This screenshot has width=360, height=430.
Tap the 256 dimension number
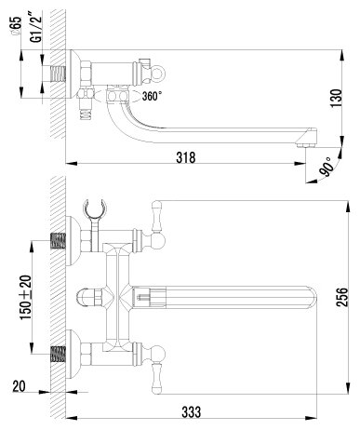coord(343,298)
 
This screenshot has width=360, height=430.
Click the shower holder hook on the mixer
coord(93,207)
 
